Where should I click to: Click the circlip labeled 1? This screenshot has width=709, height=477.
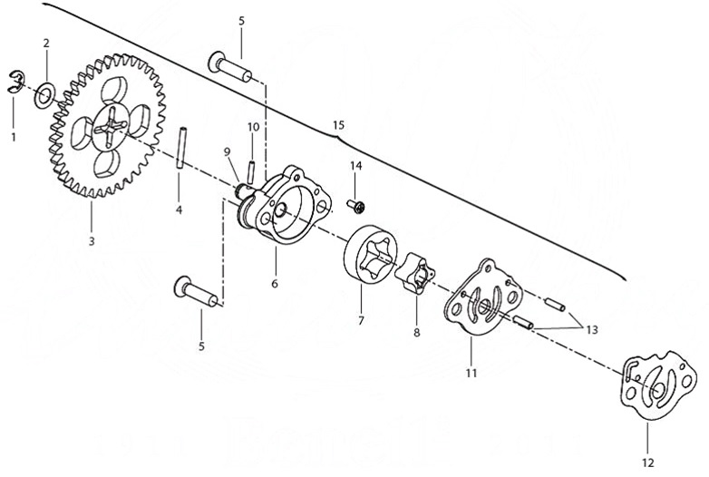click(x=19, y=82)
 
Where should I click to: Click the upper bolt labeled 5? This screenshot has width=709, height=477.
click(x=237, y=66)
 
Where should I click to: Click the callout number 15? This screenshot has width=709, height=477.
click(x=339, y=123)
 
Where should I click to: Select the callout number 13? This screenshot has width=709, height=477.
click(x=592, y=329)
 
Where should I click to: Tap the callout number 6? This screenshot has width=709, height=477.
click(x=274, y=283)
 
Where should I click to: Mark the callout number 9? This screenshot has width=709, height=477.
click(x=228, y=151)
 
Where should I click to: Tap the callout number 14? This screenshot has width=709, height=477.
click(x=355, y=166)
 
